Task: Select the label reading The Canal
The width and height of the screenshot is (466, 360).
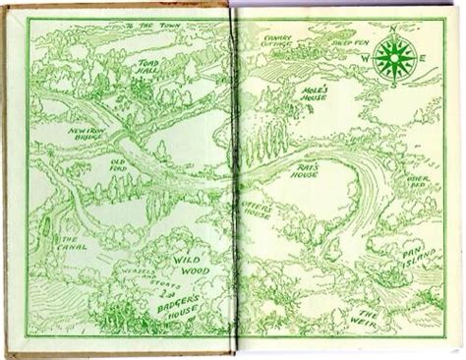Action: [x=72, y=247]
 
